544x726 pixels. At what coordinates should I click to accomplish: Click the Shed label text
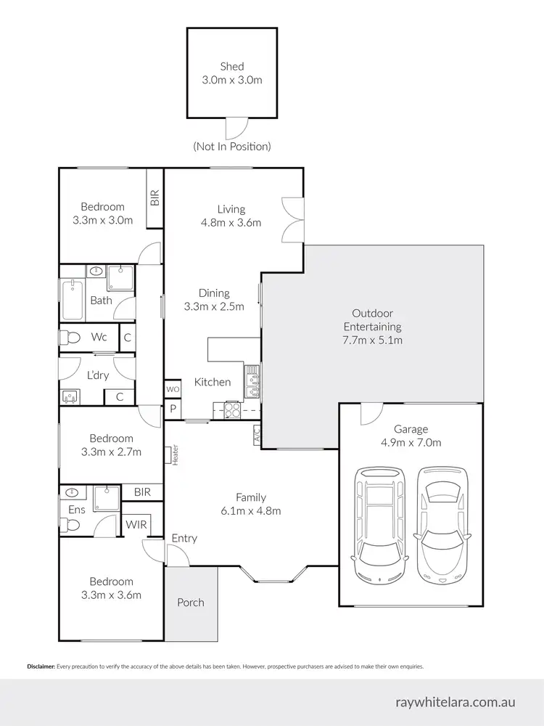point(232,67)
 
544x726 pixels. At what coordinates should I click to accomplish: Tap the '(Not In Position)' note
point(232,147)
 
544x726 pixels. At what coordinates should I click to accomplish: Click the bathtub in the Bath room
point(72,300)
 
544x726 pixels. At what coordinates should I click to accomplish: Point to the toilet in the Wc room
point(70,338)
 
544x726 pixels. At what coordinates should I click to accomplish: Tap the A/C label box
point(256,435)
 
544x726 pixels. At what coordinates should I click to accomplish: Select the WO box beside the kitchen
point(173,389)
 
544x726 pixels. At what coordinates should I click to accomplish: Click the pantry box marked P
point(173,409)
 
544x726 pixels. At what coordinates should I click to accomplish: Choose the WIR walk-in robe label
point(135,523)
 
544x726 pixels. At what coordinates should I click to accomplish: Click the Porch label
point(191,602)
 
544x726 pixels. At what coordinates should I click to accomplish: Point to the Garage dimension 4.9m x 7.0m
point(412,442)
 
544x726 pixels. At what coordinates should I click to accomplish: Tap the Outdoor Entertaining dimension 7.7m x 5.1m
point(372,340)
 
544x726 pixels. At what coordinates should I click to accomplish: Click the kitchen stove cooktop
point(232,409)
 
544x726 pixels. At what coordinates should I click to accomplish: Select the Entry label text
point(184,538)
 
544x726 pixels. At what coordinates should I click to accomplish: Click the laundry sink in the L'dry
point(71,396)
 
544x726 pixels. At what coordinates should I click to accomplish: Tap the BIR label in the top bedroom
point(154,197)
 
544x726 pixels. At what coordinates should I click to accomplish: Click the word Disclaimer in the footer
point(41,666)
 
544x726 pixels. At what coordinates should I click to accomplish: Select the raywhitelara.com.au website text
point(466,702)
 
